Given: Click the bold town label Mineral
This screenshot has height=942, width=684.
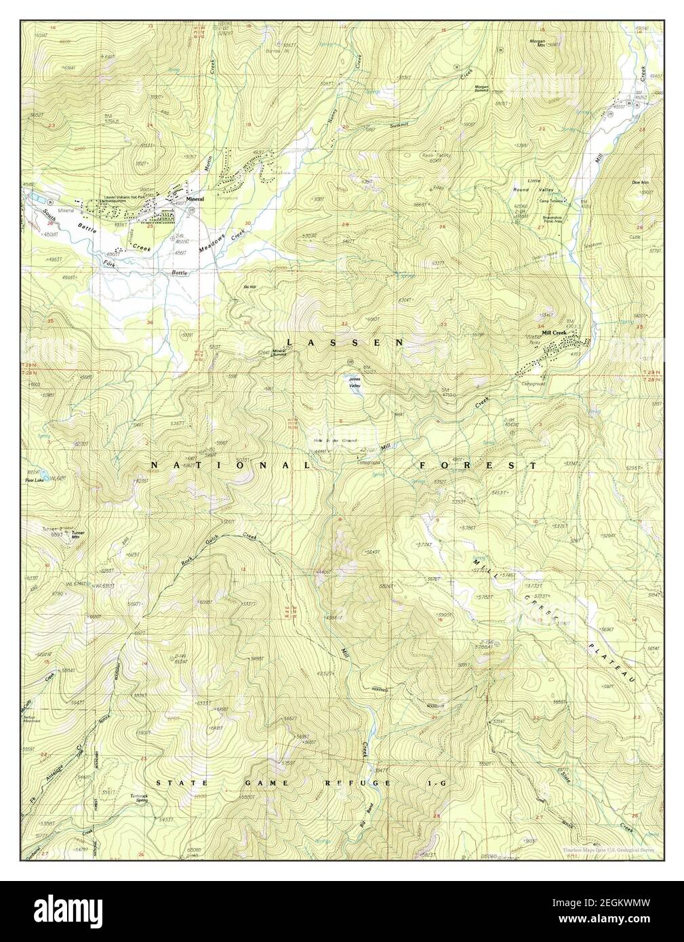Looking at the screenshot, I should point(195,199).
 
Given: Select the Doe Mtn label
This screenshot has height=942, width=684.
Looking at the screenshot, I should point(640,182).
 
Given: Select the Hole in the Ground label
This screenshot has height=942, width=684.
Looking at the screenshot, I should point(336,441).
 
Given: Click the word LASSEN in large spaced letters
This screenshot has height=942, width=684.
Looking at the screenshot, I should point(346,343).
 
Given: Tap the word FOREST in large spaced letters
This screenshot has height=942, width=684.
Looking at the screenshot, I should point(479,466).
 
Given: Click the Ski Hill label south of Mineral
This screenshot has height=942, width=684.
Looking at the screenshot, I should point(249,287).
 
